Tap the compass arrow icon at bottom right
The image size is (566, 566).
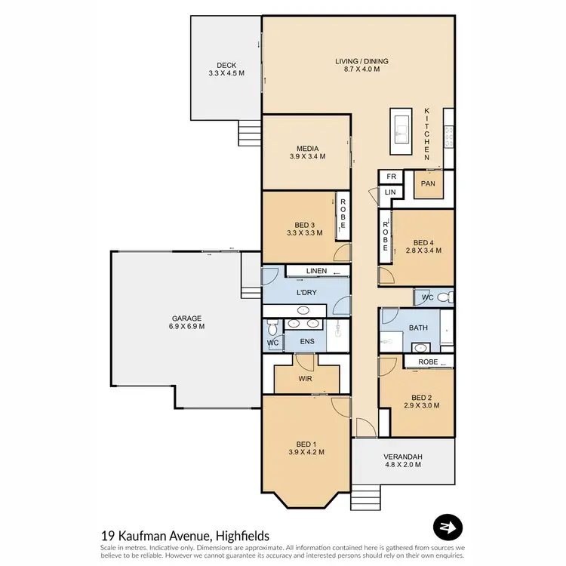(448, 526)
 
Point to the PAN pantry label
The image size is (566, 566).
(427, 183)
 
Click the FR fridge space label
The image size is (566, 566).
(391, 177)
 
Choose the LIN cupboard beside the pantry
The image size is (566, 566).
(390, 193)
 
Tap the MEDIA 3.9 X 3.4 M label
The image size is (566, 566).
(307, 152)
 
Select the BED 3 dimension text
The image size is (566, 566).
(305, 233)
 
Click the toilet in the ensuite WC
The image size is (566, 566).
(273, 326)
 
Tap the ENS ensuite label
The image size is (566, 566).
(306, 342)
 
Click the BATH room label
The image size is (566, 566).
(418, 328)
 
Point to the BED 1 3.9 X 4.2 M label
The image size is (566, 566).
(306, 447)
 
